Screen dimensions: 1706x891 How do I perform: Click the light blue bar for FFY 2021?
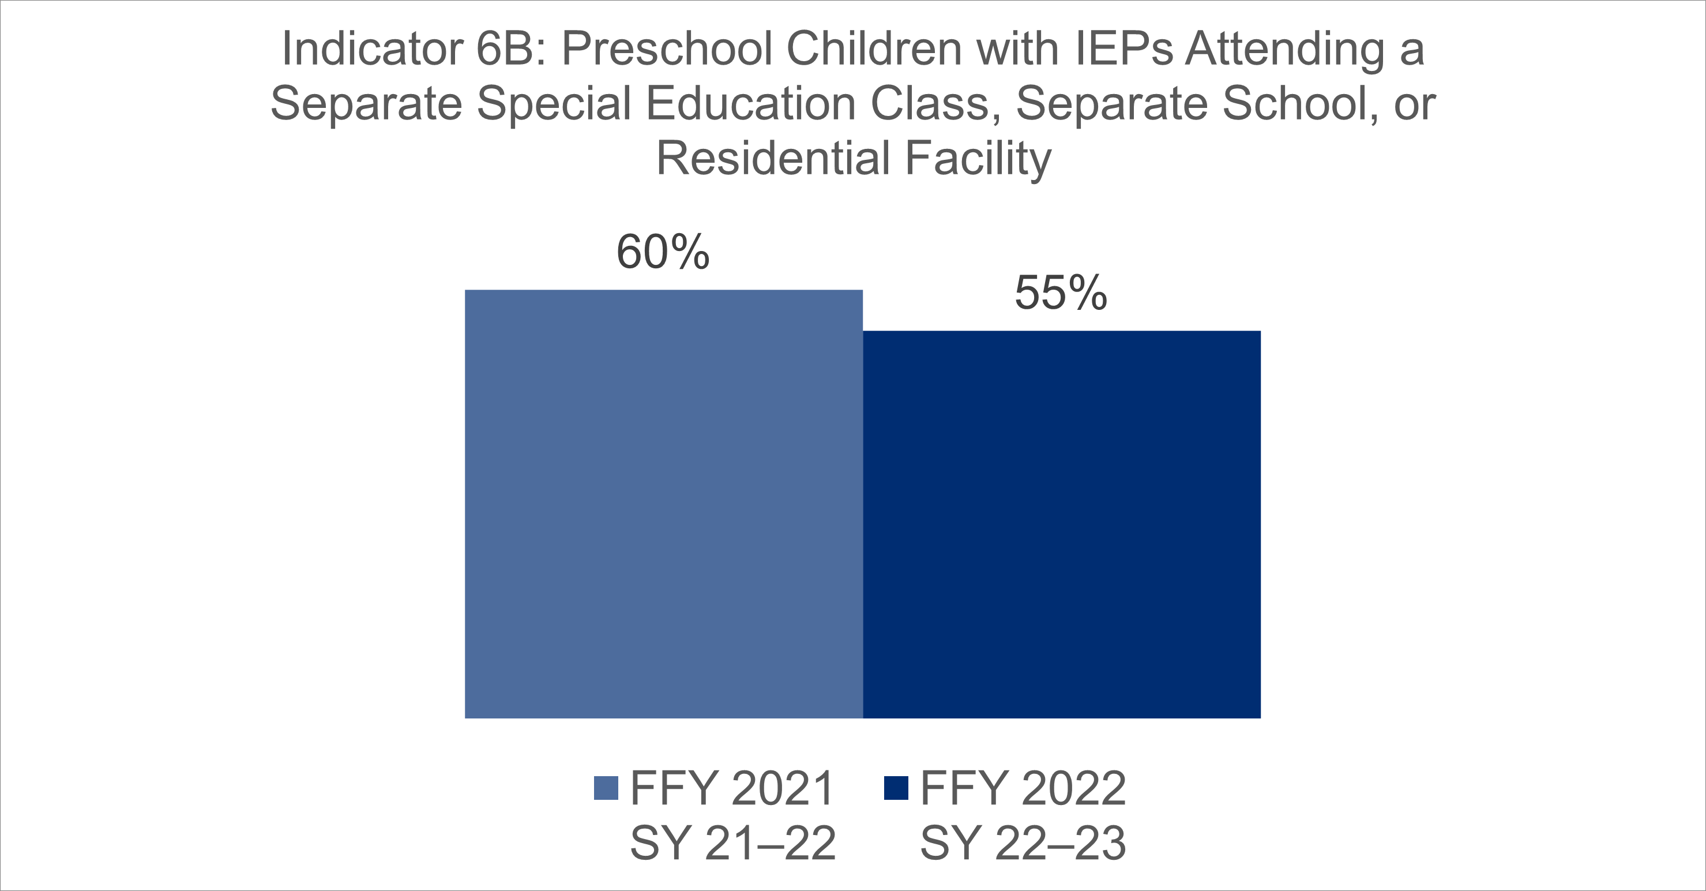(x=664, y=503)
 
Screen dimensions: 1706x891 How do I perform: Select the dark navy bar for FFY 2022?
(x=1062, y=524)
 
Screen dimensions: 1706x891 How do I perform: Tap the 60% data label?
(x=663, y=252)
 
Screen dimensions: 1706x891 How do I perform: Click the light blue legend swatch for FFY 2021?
(x=606, y=788)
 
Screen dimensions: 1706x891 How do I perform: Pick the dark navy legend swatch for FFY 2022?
(x=896, y=788)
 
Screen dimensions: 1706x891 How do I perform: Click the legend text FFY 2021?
(x=732, y=788)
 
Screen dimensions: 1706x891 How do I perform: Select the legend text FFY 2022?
(x=1023, y=788)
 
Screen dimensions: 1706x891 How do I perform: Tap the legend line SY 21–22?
(x=733, y=843)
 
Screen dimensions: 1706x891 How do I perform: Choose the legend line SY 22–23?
(x=1023, y=843)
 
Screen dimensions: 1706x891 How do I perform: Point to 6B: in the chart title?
(x=510, y=48)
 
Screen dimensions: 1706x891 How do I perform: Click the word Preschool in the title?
(x=667, y=48)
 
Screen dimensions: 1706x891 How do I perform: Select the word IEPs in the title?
(x=1123, y=48)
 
